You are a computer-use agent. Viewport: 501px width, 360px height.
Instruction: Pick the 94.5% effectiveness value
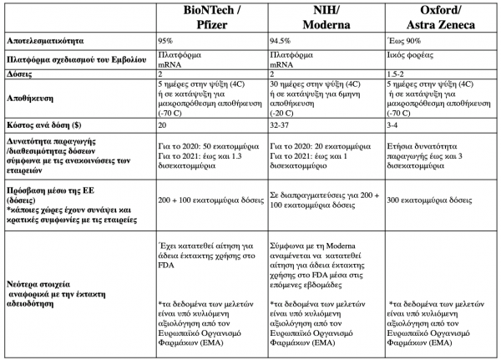tap(283, 39)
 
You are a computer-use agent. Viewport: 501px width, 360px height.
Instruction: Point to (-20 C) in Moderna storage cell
tap(284, 109)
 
